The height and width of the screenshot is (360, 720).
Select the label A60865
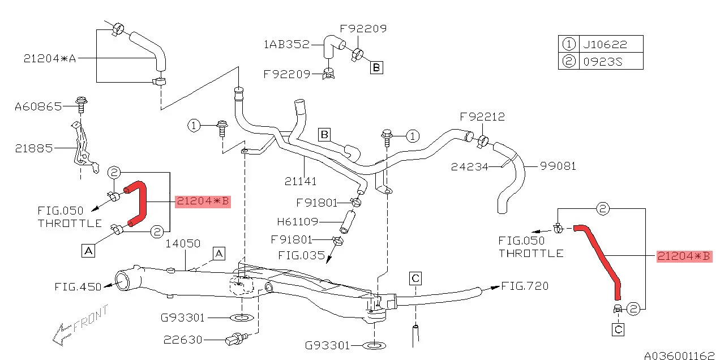pyautogui.click(x=38, y=106)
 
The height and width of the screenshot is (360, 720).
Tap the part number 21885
pyautogui.click(x=33, y=148)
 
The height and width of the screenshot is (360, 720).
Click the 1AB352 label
pyautogui.click(x=286, y=44)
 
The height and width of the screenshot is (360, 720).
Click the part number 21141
pyautogui.click(x=300, y=181)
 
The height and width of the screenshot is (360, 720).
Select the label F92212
pyautogui.click(x=482, y=117)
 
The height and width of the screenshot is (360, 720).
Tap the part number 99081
pyautogui.click(x=558, y=166)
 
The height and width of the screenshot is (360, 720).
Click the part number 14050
pyautogui.click(x=183, y=244)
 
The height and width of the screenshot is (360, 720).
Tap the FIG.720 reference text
pyautogui.click(x=525, y=286)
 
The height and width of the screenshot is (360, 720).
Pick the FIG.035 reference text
pyautogui.click(x=302, y=255)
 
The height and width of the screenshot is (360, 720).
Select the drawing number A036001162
pyautogui.click(x=679, y=355)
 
